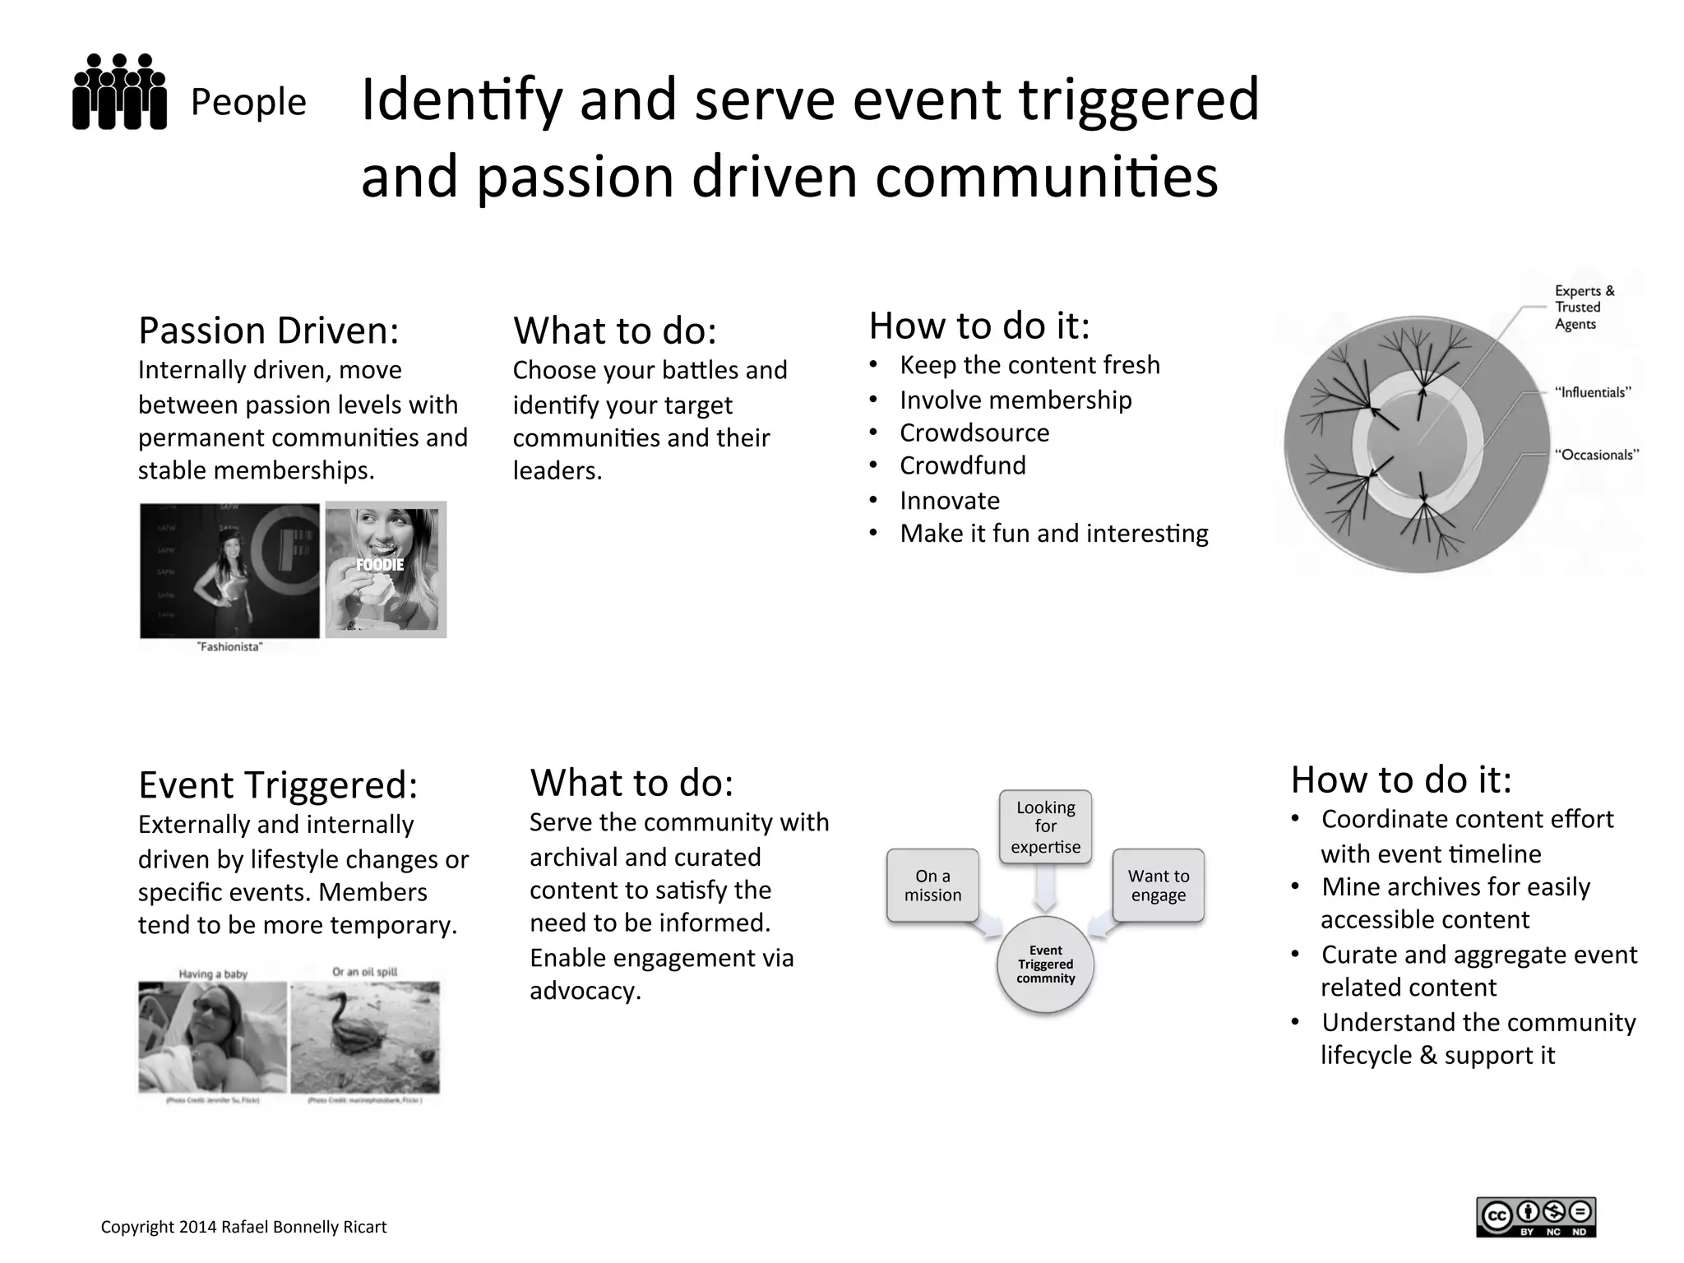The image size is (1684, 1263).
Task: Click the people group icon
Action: click(119, 92)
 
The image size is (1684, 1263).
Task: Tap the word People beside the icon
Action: click(248, 103)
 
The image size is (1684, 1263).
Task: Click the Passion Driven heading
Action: click(268, 331)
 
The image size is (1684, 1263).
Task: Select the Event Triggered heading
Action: click(278, 784)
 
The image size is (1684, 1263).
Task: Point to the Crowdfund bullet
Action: click(963, 466)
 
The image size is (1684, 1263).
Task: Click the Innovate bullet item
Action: click(950, 501)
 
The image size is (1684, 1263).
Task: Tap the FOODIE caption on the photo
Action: click(380, 565)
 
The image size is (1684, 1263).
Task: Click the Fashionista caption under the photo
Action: click(229, 647)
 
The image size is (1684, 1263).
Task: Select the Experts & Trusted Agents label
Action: click(1584, 308)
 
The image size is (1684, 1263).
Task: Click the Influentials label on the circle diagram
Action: click(1592, 393)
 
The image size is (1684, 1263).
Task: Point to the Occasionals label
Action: click(1596, 455)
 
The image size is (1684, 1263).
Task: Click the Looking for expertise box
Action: click(1045, 827)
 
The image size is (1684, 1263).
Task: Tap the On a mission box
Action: click(932, 886)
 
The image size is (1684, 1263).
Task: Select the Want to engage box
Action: click(1158, 886)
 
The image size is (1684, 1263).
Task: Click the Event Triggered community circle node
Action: click(1045, 965)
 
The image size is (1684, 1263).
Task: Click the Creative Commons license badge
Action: click(1536, 1217)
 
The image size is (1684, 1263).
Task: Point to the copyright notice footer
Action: click(243, 1227)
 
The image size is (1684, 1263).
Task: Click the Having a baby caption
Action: click(213, 974)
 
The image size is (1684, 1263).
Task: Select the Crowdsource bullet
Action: click(974, 433)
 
